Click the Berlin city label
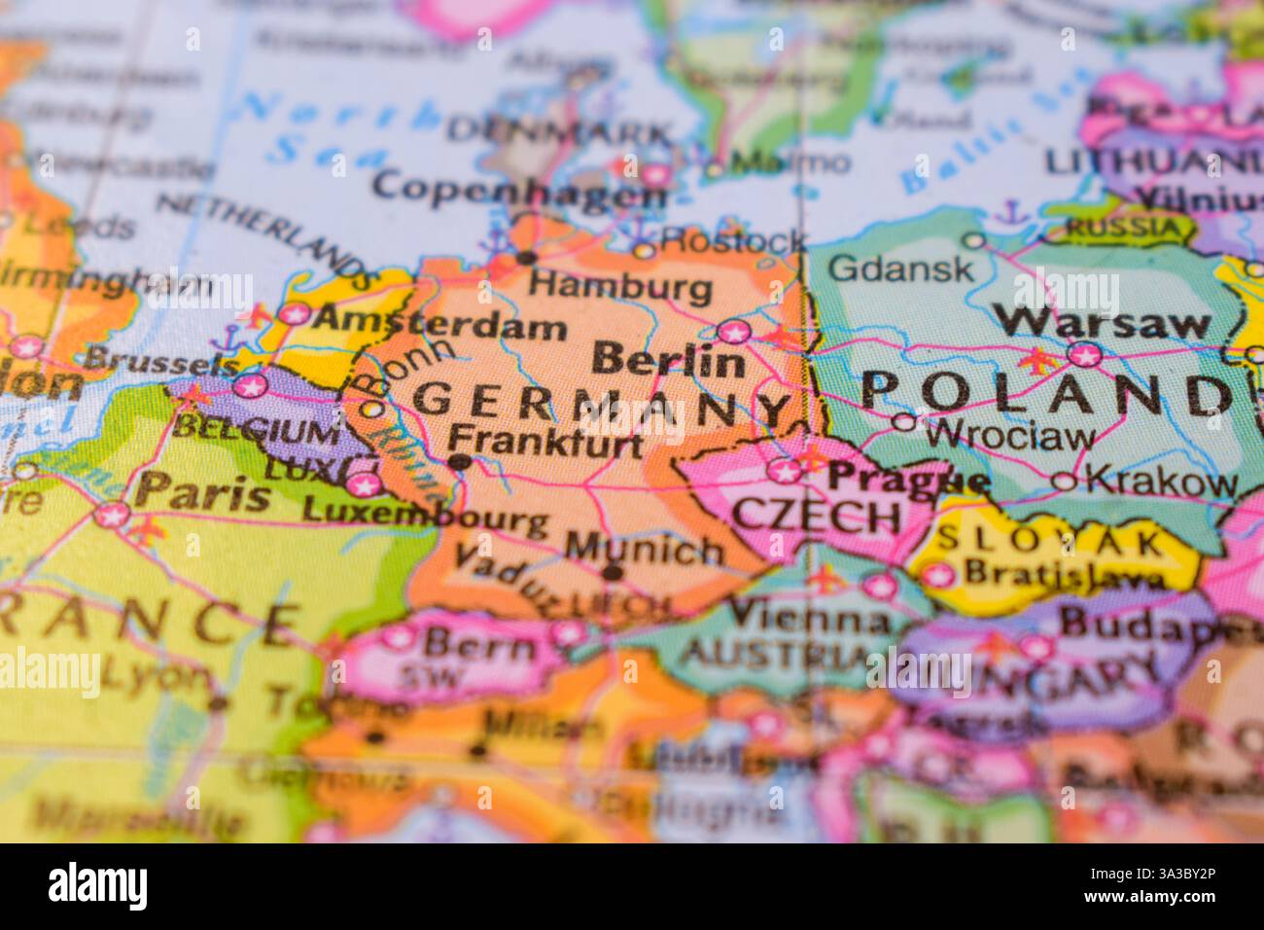tap(668, 361)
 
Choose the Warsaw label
tap(1106, 322)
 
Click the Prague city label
tap(908, 478)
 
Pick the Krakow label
tap(1161, 480)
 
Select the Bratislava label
tap(1064, 574)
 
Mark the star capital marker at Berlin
tap(734, 332)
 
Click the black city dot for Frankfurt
tap(460, 461)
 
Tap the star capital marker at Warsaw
tap(1085, 354)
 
